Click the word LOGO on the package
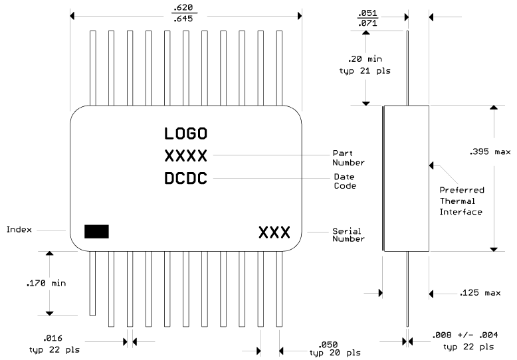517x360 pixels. click(186, 134)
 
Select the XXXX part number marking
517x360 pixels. click(186, 156)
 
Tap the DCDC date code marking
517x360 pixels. click(186, 179)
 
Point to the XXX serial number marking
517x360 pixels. click(274, 233)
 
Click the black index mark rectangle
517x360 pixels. click(96, 231)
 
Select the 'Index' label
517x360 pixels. click(19, 230)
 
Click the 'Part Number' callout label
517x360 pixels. click(348, 157)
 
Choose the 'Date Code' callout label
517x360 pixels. click(344, 181)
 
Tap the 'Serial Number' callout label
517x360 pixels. click(348, 234)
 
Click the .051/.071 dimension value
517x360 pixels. click(367, 18)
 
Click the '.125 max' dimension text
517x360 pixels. click(479, 292)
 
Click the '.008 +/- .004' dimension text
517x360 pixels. click(461, 334)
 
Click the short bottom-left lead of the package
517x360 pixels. click(92, 283)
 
